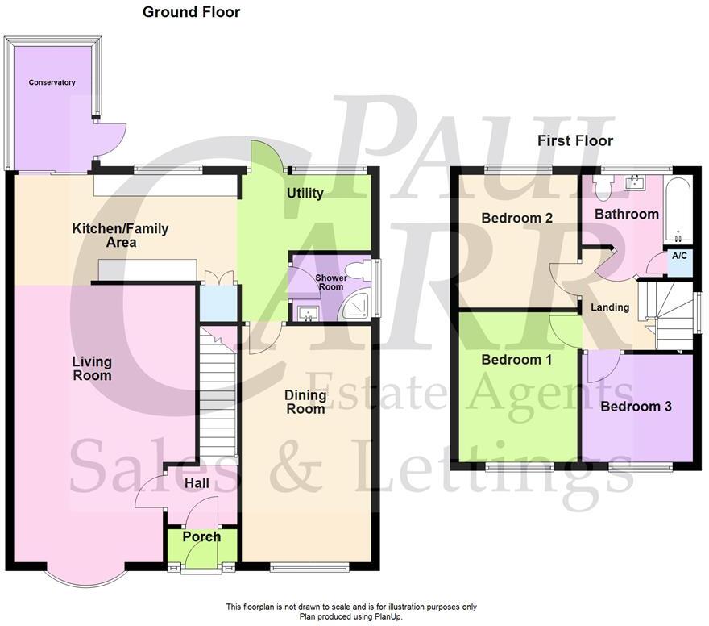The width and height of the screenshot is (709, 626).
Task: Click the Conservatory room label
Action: [x=52, y=82]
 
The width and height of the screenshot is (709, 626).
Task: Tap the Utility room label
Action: [x=305, y=194]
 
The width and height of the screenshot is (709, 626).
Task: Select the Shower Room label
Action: [x=331, y=282]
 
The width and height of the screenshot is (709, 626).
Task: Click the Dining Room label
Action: [x=305, y=402]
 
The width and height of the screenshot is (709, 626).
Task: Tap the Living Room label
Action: [x=91, y=369]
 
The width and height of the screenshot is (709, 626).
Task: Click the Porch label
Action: [x=201, y=536]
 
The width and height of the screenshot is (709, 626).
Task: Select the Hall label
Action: [x=197, y=483]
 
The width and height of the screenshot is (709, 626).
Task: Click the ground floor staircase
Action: [x=216, y=395]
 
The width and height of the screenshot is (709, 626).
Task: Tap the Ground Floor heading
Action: [x=191, y=12]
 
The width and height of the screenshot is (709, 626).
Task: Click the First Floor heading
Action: [x=574, y=141]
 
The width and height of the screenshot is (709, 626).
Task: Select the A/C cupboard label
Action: [x=679, y=256]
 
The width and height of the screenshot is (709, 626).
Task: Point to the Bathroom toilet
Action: [x=600, y=187]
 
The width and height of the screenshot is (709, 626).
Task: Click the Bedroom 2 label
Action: [x=516, y=218]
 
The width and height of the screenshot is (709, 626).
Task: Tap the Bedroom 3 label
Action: [x=636, y=407]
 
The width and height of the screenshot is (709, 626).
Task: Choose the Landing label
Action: [x=610, y=307]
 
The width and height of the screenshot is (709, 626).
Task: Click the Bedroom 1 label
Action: [x=516, y=360]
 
